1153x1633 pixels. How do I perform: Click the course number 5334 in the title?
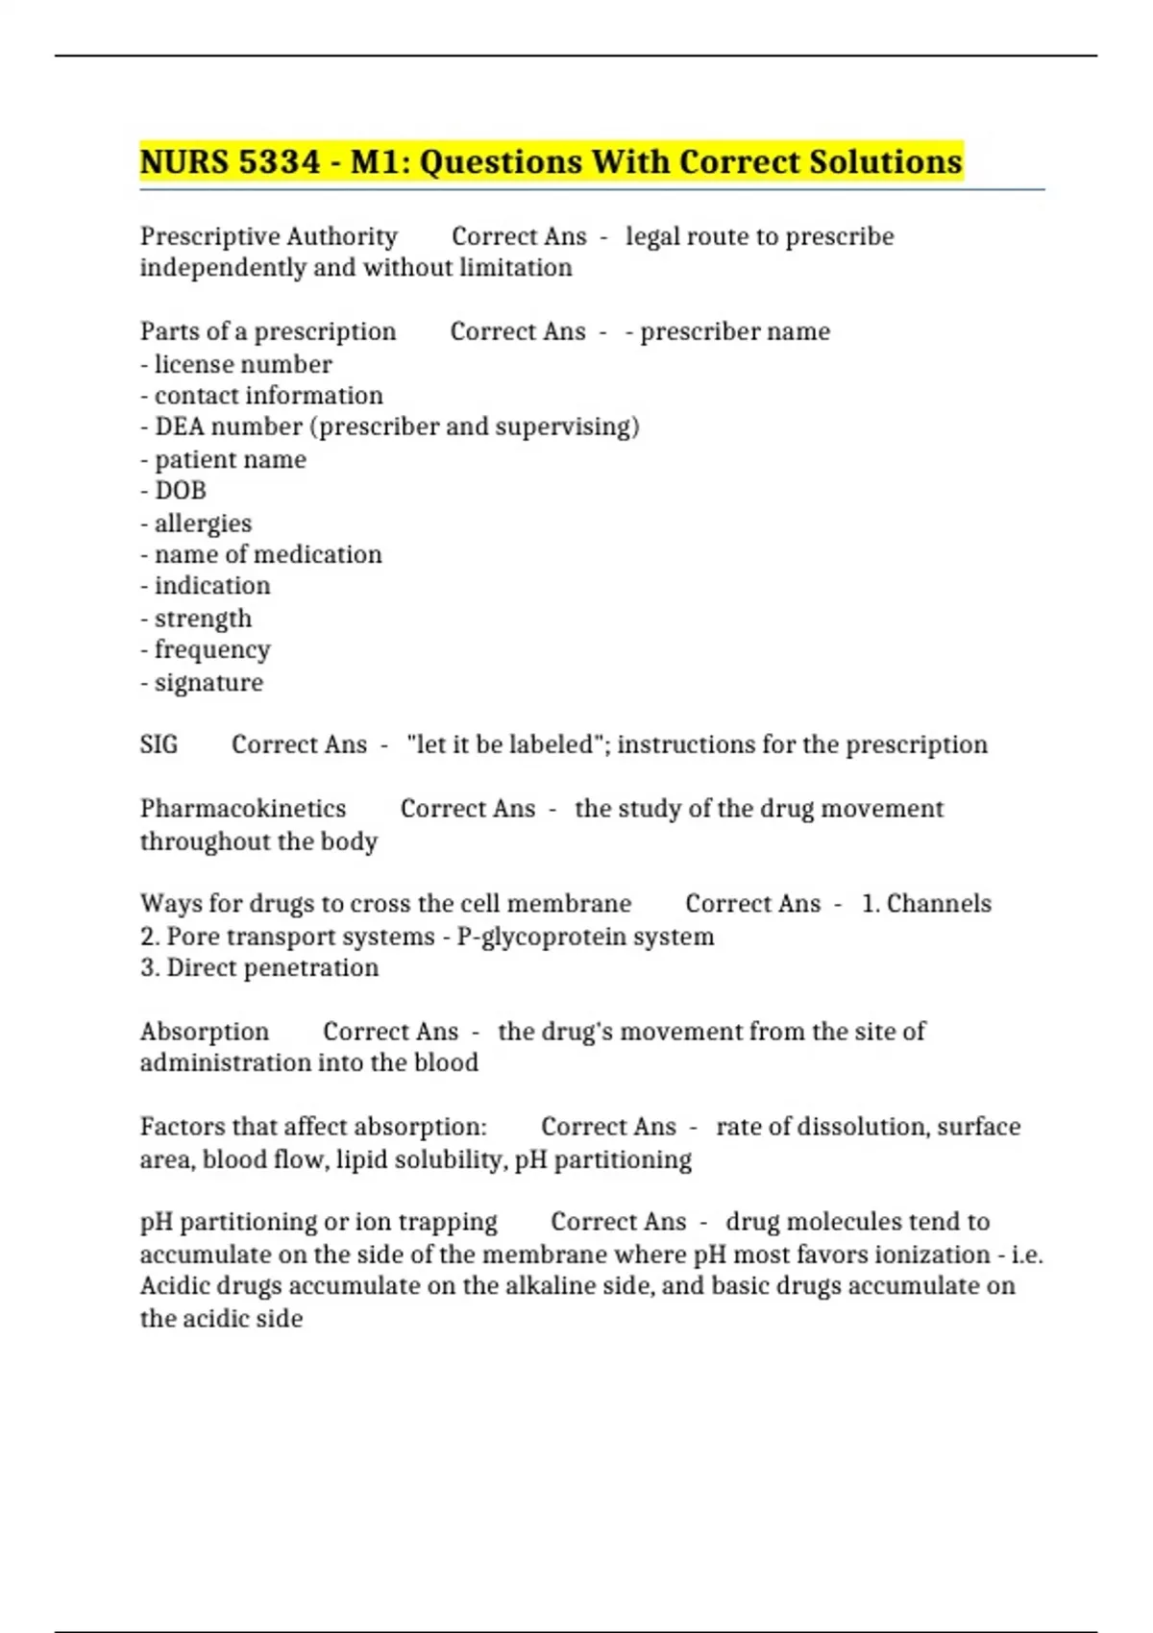click(x=278, y=161)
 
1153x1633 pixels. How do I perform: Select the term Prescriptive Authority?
click(x=269, y=236)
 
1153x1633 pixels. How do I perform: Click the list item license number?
click(x=243, y=365)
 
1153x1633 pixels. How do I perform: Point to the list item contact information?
click(x=268, y=396)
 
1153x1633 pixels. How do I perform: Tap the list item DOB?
click(x=181, y=491)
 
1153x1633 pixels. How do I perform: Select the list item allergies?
click(x=203, y=524)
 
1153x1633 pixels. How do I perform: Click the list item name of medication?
click(x=268, y=554)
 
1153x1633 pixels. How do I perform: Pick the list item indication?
click(x=212, y=586)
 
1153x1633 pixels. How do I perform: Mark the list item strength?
click(x=203, y=619)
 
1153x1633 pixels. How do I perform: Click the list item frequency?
click(x=212, y=650)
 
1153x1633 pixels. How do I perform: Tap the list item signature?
click(x=209, y=683)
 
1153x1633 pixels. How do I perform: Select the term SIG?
click(x=159, y=744)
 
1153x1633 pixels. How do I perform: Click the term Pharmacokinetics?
click(x=243, y=809)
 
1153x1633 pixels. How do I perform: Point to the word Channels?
click(x=939, y=904)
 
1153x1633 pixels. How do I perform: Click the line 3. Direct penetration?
click(x=259, y=968)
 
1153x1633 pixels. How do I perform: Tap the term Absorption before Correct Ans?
click(x=205, y=1032)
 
